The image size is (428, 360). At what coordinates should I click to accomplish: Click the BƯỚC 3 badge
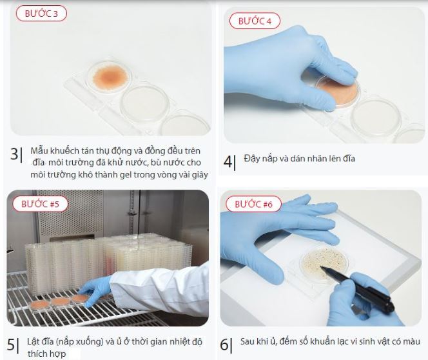coord(41,14)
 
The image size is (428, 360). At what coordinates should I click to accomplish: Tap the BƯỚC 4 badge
coord(255,21)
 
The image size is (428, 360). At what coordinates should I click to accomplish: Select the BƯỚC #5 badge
coord(40,204)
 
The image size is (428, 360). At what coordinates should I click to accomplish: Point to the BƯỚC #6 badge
coord(253,204)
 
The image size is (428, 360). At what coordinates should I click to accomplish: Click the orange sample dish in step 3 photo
coord(110,77)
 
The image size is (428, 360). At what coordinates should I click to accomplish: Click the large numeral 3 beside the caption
coord(14,154)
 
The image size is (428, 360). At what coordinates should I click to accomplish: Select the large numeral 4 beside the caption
coord(228,162)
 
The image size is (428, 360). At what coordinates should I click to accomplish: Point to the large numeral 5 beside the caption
coord(11,345)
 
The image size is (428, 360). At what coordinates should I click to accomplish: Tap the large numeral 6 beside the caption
coord(224,345)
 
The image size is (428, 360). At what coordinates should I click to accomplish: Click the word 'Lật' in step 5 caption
coord(34,341)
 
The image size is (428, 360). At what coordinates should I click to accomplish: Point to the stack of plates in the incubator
coord(109,263)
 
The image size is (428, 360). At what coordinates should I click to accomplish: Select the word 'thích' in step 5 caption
coord(37,354)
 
